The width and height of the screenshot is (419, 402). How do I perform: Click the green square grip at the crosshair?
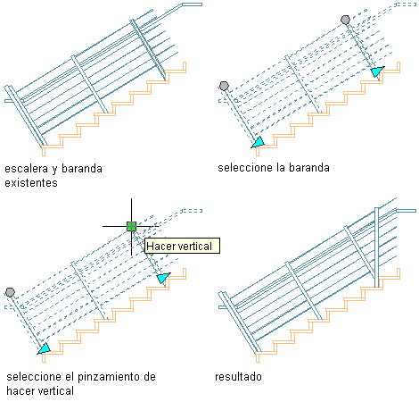(131, 226)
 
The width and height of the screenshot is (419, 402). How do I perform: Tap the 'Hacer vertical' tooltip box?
(182, 246)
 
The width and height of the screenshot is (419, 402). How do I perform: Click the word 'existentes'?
(31, 182)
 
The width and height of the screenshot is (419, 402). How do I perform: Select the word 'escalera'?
(26, 169)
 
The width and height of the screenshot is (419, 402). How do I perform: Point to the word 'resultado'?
(238, 377)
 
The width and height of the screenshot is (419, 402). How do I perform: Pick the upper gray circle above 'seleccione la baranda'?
(345, 20)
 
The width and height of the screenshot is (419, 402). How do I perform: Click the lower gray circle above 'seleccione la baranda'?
(224, 86)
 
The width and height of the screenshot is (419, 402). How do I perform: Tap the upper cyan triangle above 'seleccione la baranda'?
(377, 71)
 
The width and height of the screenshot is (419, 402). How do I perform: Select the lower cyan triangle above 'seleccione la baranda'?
(259, 142)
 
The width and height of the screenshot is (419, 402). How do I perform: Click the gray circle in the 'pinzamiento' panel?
(10, 292)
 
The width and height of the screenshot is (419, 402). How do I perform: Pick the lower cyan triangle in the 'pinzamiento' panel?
(45, 348)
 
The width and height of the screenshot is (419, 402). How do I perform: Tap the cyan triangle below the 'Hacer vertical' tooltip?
(163, 278)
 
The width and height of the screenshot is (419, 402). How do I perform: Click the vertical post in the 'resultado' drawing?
(377, 247)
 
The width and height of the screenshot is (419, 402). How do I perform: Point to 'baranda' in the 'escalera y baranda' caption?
(82, 169)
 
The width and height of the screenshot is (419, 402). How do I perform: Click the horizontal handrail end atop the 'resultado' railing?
(407, 211)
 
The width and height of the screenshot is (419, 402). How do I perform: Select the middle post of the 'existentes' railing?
(89, 84)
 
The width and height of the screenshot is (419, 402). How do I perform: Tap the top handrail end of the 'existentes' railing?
(192, 4)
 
